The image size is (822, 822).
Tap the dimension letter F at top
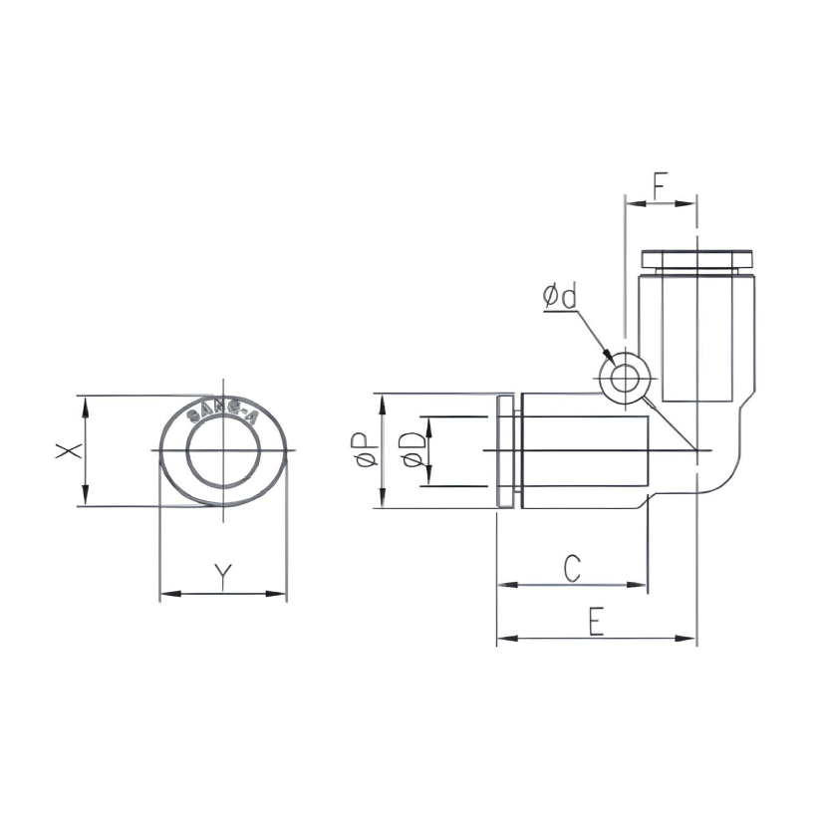click(x=661, y=184)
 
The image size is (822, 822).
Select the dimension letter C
click(x=571, y=568)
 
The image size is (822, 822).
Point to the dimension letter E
click(x=595, y=622)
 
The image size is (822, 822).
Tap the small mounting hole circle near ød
click(x=626, y=380)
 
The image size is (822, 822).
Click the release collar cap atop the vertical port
click(x=695, y=259)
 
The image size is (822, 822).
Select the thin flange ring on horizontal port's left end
click(x=506, y=451)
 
